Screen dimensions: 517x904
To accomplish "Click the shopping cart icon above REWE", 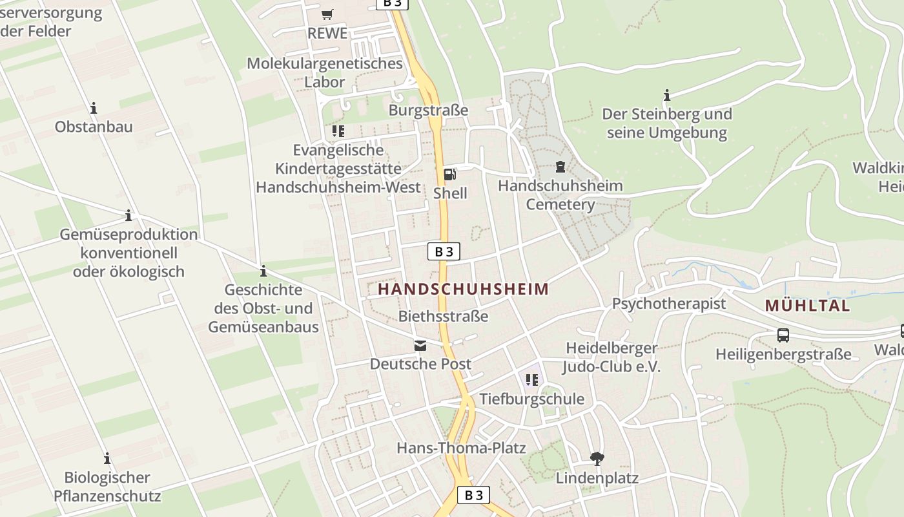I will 327,14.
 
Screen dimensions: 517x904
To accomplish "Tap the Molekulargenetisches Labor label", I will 325,72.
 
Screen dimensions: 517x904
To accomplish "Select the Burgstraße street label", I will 428,111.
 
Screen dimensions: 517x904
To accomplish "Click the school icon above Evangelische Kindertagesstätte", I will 338,131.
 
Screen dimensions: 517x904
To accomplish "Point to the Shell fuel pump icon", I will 449,174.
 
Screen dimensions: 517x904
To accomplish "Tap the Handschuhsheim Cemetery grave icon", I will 560,167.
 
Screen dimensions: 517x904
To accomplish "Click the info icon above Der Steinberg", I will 667,96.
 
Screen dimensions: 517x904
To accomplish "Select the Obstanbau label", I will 94,127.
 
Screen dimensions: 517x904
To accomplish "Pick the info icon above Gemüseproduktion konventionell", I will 128,215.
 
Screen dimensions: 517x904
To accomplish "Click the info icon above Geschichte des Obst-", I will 263,271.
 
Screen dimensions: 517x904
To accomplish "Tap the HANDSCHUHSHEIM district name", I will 463,290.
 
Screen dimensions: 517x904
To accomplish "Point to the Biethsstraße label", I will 443,317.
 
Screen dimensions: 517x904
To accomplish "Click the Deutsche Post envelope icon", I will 420,345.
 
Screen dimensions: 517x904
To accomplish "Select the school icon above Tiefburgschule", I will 531,380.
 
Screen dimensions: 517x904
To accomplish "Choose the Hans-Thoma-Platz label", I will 461,448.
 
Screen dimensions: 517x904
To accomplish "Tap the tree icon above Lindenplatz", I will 597,459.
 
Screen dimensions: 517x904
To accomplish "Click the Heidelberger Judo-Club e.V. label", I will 611,357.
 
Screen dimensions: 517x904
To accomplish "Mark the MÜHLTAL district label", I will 807,306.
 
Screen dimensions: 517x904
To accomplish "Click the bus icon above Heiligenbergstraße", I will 783,335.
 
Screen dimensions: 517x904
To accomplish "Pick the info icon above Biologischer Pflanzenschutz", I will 107,459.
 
